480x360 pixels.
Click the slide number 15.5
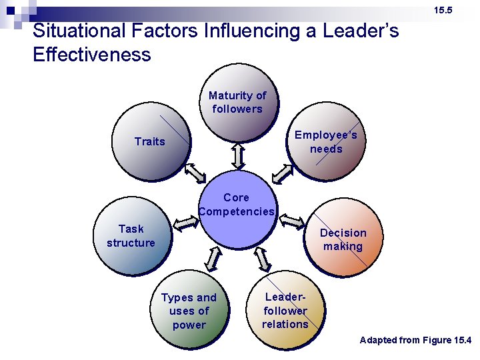pyautogui.click(x=443, y=10)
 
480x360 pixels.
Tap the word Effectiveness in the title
pyautogui.click(x=92, y=54)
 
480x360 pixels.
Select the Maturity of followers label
pyautogui.click(x=237, y=102)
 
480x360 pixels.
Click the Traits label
pyautogui.click(x=149, y=141)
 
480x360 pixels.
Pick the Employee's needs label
pyautogui.click(x=326, y=141)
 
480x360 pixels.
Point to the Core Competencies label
pyautogui.click(x=237, y=205)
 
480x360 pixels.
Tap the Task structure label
pyautogui.click(x=131, y=236)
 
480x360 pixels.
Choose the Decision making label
pyautogui.click(x=343, y=239)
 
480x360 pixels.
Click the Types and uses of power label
pyautogui.click(x=189, y=311)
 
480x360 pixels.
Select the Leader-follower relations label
pyautogui.click(x=285, y=311)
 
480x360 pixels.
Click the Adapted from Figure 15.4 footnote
pyautogui.click(x=415, y=340)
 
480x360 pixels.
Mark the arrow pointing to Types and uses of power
pyautogui.click(x=213, y=259)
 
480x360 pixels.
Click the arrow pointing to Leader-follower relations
pyautogui.click(x=262, y=258)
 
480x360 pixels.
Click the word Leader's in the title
pyautogui.click(x=360, y=31)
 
